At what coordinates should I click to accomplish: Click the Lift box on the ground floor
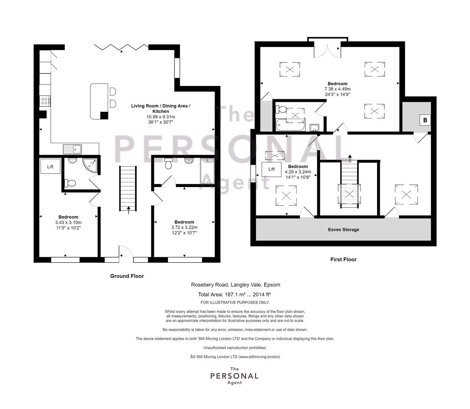(x=50, y=166)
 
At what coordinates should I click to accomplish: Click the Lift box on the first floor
(x=271, y=169)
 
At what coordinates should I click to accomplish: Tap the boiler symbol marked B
(x=425, y=120)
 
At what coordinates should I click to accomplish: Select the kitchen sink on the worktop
(x=72, y=150)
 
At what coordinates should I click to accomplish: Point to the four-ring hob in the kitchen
(x=45, y=101)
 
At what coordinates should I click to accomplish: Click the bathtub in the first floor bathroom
(x=291, y=125)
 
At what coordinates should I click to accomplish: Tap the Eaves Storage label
(x=343, y=229)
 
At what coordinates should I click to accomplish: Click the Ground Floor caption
(x=127, y=276)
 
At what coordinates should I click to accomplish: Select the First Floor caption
(x=343, y=259)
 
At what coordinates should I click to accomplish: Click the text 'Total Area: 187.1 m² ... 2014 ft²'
(x=234, y=295)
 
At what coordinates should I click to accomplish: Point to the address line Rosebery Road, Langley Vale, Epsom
(x=235, y=285)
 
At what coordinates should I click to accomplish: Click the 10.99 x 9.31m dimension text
(x=161, y=117)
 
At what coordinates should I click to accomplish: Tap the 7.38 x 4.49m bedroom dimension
(x=337, y=89)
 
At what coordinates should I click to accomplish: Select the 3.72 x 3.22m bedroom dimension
(x=184, y=228)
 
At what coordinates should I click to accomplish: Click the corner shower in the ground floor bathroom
(x=90, y=166)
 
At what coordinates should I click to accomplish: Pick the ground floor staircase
(x=128, y=189)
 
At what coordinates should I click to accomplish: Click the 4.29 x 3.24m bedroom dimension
(x=298, y=172)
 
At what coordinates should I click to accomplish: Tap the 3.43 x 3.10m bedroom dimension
(x=68, y=222)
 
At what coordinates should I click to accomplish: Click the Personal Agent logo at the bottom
(x=235, y=376)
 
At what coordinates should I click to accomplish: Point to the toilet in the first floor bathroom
(x=281, y=109)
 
